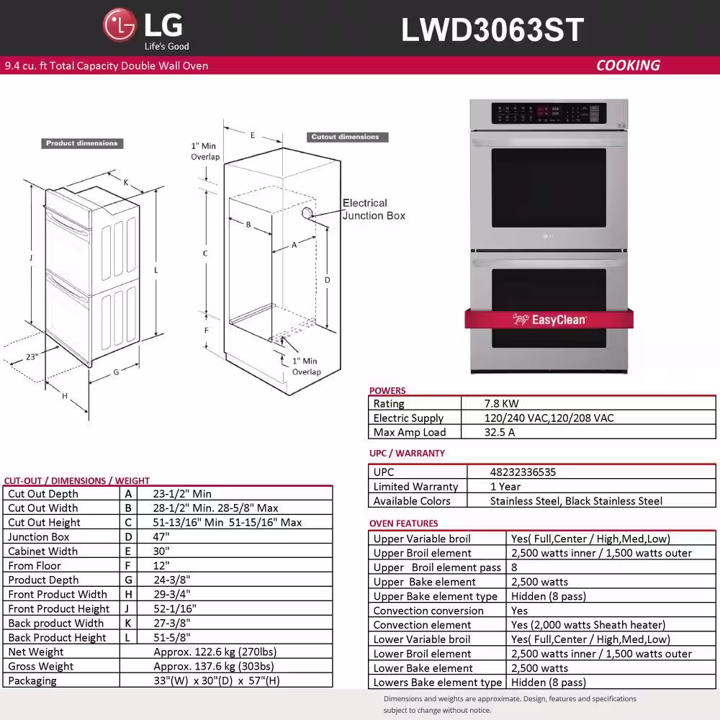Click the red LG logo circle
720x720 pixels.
(120, 24)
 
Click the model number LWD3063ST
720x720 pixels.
(492, 30)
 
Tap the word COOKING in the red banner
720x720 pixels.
(628, 66)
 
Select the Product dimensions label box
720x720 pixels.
(82, 143)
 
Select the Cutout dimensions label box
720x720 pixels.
(347, 137)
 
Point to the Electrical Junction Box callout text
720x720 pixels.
(374, 210)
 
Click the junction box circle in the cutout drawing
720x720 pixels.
(307, 212)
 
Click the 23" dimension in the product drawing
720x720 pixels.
(32, 357)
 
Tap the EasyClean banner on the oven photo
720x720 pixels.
(549, 319)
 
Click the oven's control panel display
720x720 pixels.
(549, 113)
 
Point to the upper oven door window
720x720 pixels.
(549, 188)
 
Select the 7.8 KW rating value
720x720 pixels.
(501, 404)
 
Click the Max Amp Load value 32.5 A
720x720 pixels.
(500, 432)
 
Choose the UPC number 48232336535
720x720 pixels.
(523, 472)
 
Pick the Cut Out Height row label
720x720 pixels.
(44, 523)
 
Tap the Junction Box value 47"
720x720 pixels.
(161, 537)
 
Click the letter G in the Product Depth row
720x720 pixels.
(129, 580)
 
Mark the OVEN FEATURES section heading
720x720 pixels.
(404, 523)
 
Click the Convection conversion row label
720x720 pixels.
(428, 611)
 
